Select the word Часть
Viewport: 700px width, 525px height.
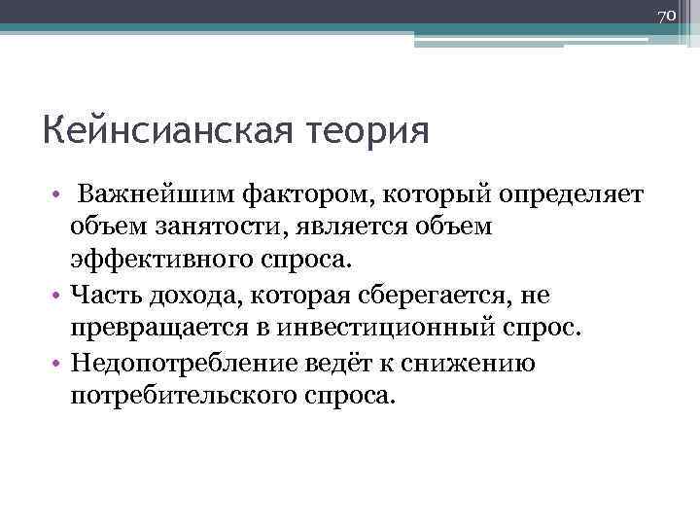[x=104, y=293]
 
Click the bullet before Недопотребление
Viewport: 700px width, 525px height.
[x=58, y=363]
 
